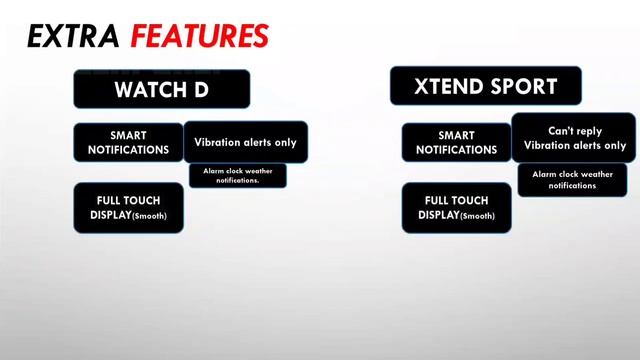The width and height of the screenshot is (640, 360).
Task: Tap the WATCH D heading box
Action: [x=161, y=89]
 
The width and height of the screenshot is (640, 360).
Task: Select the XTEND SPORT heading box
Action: [x=485, y=86]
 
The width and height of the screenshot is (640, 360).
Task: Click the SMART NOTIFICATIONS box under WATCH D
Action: [x=128, y=142]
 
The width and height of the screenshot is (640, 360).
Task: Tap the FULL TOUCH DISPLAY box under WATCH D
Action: [x=128, y=208]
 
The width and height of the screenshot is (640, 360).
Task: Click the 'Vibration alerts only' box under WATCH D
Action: [x=245, y=142]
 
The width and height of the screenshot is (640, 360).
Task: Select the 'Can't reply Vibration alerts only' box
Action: [x=574, y=138]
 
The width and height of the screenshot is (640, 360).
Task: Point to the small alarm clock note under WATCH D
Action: [x=238, y=175]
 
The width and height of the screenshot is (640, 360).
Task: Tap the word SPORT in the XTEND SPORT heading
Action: [x=523, y=86]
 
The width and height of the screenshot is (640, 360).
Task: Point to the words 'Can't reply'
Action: [x=574, y=130]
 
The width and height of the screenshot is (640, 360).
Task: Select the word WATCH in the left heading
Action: [x=149, y=89]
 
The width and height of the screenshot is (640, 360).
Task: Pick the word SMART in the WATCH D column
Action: [x=128, y=135]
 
